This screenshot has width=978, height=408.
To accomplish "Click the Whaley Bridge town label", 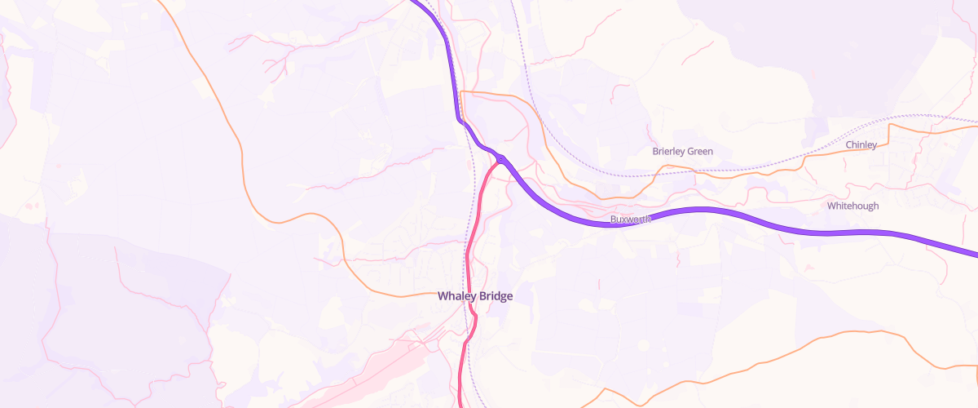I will coord(475,296).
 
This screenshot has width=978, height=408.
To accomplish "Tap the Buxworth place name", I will coord(631,220).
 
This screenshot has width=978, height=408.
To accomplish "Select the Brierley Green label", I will coord(682,151).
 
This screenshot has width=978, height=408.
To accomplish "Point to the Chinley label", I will coord(861,144).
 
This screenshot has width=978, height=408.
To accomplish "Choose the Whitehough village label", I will coord(852,206).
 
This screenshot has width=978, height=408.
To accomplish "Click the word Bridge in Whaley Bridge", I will coord(496,296).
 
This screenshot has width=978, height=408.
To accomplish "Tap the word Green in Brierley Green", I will coord(700,151).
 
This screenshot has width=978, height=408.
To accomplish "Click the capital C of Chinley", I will coord(849,144).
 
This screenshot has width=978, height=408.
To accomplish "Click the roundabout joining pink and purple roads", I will coord(500,159).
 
